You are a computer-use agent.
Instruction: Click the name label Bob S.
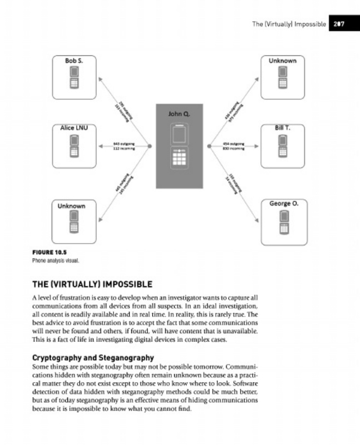(x=74, y=60)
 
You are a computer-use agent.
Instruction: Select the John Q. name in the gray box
(x=179, y=114)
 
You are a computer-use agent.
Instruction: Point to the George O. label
(x=284, y=204)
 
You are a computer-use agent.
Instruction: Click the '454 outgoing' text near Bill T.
(x=234, y=143)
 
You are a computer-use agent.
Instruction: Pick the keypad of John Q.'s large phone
(x=179, y=158)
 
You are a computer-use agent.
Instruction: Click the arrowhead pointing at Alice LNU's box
(x=101, y=146)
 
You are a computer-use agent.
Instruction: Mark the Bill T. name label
(x=283, y=127)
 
